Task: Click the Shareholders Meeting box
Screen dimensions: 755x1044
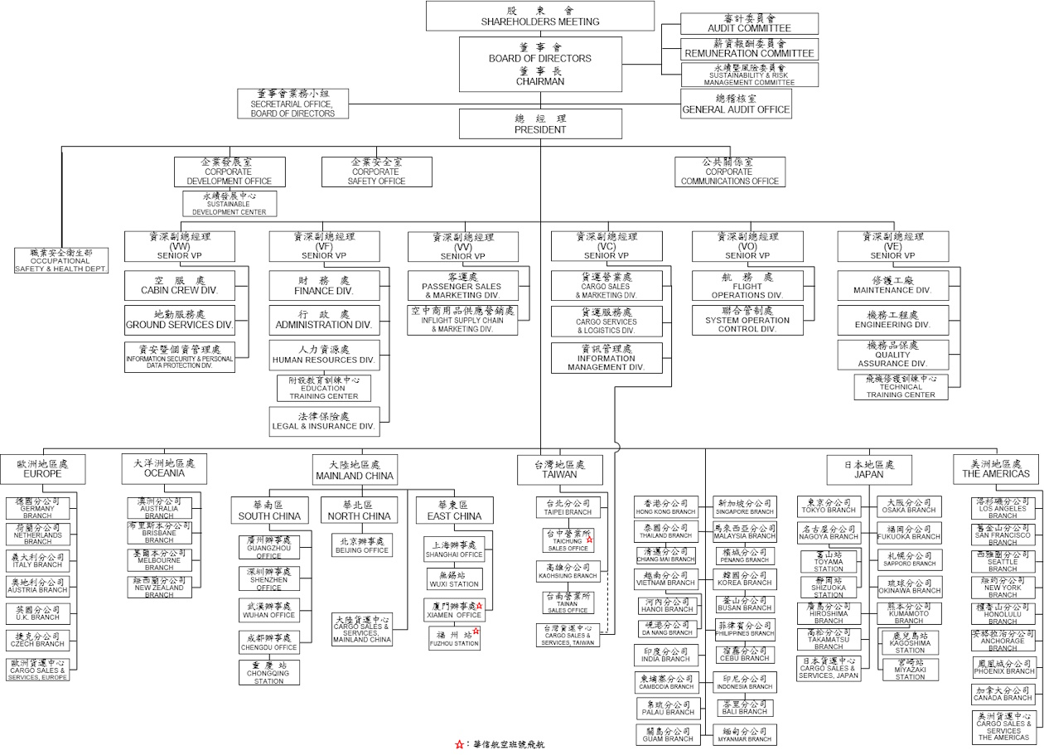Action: coord(540,16)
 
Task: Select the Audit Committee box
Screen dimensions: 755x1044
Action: coord(749,23)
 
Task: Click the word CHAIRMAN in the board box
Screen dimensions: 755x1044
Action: coord(540,82)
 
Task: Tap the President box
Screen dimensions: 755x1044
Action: coord(540,124)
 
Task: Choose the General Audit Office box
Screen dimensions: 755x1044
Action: coord(736,104)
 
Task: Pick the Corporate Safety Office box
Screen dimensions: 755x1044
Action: coord(376,172)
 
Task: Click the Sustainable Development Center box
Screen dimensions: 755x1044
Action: coord(230,204)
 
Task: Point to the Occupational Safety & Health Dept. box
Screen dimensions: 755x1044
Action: coord(61,260)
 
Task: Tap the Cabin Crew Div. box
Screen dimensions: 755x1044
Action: coord(180,285)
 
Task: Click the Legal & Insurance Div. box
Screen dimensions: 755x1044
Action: coord(324,421)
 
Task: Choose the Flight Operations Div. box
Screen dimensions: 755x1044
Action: coord(747,285)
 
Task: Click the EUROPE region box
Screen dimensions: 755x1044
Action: coord(42,469)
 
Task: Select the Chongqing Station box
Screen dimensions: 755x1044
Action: coord(269,672)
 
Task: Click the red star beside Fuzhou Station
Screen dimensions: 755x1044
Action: coord(476,632)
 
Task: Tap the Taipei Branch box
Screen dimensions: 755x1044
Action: coord(568,507)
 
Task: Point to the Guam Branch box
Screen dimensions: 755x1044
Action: coord(667,734)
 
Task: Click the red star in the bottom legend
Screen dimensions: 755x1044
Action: coord(459,745)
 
